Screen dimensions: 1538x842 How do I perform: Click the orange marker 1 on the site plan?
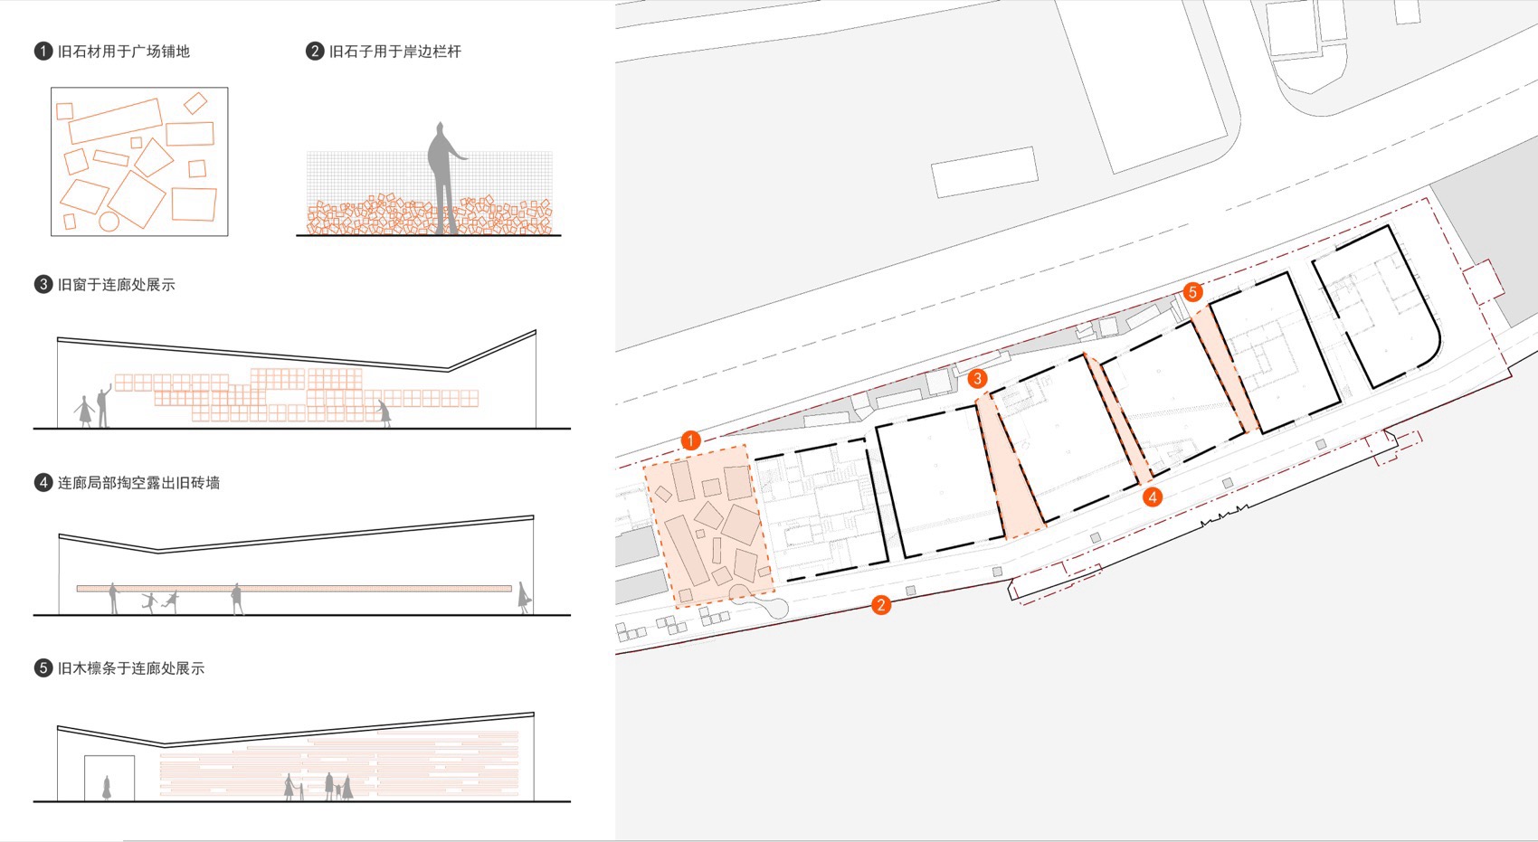coord(690,440)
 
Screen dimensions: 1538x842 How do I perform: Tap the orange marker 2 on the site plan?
coord(881,605)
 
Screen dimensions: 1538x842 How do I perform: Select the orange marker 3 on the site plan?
coord(977,378)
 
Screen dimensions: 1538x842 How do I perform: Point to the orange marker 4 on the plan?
coord(1152,497)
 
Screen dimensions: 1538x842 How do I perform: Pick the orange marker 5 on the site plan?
coord(1192,291)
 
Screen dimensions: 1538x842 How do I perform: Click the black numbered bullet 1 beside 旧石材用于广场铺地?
coord(43,52)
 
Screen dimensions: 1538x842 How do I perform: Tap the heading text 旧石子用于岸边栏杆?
coord(395,52)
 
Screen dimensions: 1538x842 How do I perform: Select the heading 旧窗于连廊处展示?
coord(116,285)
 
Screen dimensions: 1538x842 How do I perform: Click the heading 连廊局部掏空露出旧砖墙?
coord(138,483)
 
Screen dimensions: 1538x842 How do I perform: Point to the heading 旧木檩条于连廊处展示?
coord(131,668)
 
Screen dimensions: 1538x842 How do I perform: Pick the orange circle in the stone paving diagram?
coord(109,221)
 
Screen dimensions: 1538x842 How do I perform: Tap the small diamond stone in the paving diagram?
coord(195,103)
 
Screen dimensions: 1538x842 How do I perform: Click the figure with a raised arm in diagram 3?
coord(104,406)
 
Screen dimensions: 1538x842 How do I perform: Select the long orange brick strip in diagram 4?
coord(294,588)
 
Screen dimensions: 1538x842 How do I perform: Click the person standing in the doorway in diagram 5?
coord(107,788)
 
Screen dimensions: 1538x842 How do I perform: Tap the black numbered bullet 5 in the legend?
coord(43,668)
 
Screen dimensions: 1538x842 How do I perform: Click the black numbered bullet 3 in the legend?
coord(43,285)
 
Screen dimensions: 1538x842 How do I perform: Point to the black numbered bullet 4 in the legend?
coord(43,483)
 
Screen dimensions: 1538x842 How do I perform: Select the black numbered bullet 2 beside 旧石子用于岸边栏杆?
coord(315,52)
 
